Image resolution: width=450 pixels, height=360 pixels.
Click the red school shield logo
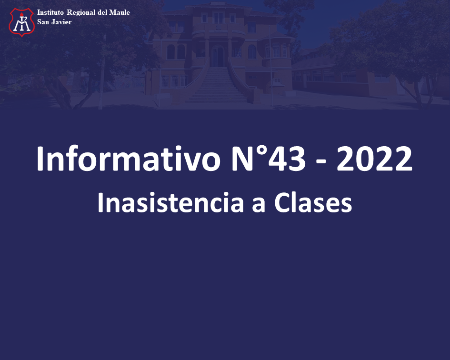point(22,22)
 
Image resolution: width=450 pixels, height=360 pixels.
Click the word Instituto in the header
point(50,12)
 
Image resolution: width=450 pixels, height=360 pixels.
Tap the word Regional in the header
point(81,13)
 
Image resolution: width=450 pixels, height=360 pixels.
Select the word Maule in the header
point(120,12)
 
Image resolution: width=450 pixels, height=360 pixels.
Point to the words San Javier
point(54,22)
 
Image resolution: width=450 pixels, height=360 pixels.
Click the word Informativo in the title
point(128,159)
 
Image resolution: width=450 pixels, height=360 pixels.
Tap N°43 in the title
point(268,159)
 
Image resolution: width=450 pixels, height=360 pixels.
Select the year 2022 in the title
point(374,159)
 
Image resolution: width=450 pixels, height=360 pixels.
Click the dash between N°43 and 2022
point(321,163)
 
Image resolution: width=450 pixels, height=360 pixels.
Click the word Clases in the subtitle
point(313,203)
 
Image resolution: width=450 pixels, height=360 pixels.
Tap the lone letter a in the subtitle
point(259,205)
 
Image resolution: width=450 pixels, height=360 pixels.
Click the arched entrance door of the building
point(218,56)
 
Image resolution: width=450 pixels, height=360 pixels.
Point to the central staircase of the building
point(217,85)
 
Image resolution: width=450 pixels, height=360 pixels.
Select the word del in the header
point(102,12)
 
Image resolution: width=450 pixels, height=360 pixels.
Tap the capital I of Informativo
point(40,159)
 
